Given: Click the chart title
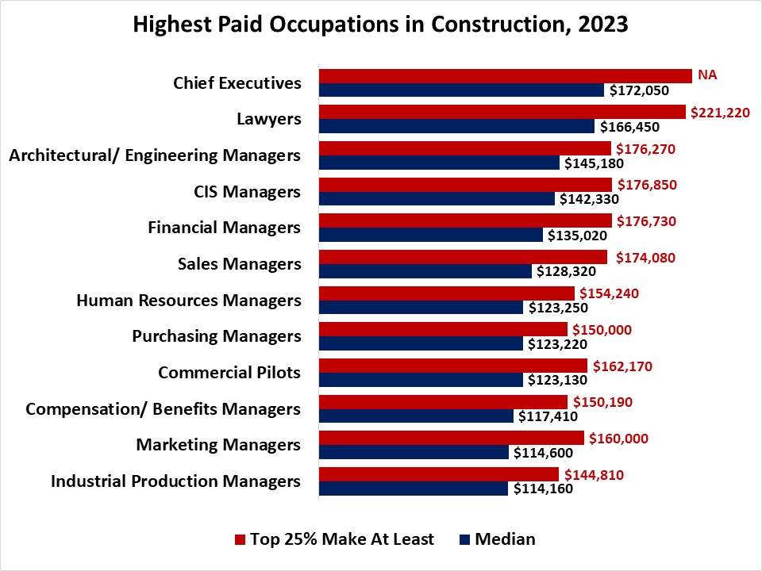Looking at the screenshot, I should click(380, 25).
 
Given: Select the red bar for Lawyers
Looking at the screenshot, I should click(502, 112).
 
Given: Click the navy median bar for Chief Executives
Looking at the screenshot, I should click(461, 90).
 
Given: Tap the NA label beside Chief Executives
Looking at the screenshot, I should click(706, 75).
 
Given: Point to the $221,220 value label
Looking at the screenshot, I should click(720, 112).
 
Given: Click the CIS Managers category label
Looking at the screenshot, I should click(247, 192).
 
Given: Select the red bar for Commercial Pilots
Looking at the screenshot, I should click(452, 366).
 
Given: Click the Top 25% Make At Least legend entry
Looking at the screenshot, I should click(334, 539).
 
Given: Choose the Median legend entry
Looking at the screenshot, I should click(497, 539).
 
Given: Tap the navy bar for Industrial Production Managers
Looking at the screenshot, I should click(413, 489).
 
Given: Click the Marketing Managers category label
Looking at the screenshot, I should click(218, 445).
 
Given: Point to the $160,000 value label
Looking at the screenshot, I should click(617, 438).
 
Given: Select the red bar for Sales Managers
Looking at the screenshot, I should click(463, 257).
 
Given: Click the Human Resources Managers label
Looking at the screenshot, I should click(189, 301).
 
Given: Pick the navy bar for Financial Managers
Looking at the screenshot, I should click(431, 236).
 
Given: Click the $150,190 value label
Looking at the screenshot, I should click(601, 402).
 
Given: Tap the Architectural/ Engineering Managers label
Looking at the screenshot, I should click(155, 155).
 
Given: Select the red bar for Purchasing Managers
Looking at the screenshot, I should click(443, 329).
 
